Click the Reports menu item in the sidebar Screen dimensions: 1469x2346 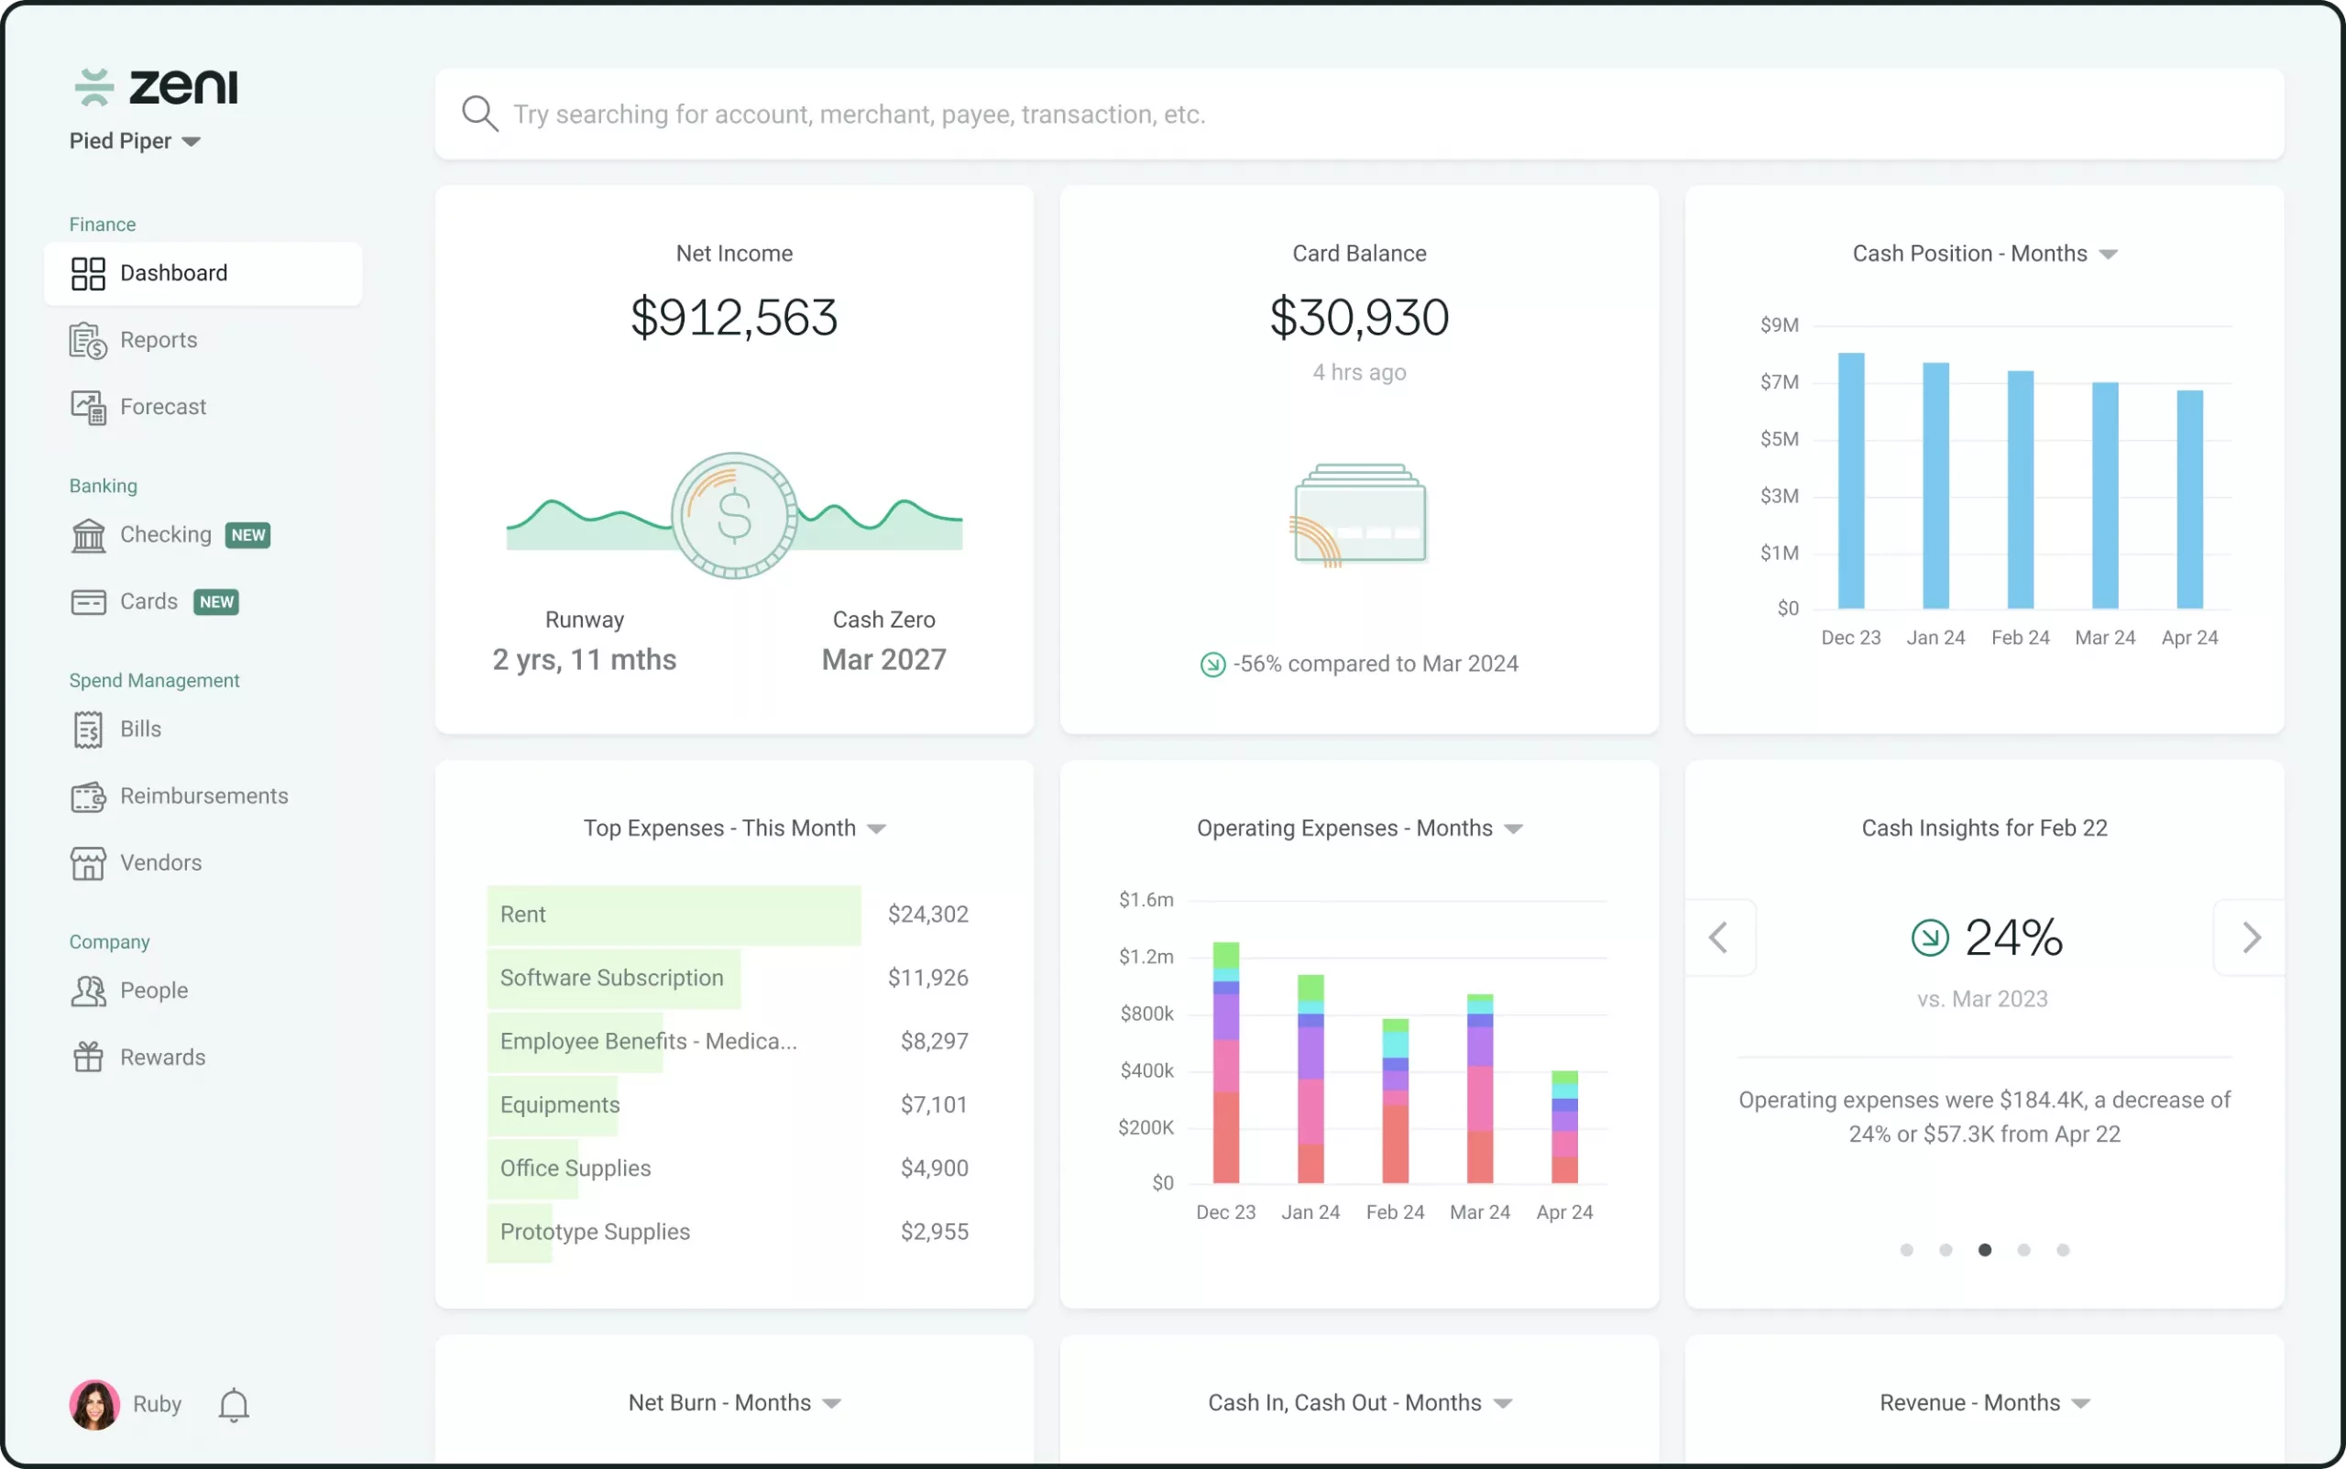tap(159, 340)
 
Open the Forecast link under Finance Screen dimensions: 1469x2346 tap(162, 407)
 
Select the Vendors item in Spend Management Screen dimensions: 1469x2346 tap(160, 862)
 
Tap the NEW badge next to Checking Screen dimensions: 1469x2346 tap(247, 535)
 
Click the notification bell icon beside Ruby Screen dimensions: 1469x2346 tap(233, 1405)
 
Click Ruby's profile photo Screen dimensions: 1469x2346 tap(94, 1405)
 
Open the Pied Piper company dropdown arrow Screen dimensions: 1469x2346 tap(192, 142)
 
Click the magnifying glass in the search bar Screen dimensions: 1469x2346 tap(480, 114)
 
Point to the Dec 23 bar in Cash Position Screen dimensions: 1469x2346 tap(1850, 481)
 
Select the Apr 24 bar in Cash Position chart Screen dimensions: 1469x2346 tap(2189, 499)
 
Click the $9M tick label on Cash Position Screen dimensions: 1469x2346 tap(1779, 325)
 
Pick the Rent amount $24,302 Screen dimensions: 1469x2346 tap(927, 915)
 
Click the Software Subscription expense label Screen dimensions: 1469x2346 tap(612, 979)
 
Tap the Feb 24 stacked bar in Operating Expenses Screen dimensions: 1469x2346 tap(1395, 1101)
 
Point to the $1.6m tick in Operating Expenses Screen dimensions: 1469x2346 tap(1146, 901)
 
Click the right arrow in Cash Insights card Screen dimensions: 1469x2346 tap(2251, 937)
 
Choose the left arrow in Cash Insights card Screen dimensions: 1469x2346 tap(1718, 937)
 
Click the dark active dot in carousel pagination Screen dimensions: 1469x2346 tap(1985, 1250)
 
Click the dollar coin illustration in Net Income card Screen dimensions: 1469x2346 tap(734, 515)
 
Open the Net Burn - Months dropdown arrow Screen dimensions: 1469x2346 tap(831, 1404)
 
